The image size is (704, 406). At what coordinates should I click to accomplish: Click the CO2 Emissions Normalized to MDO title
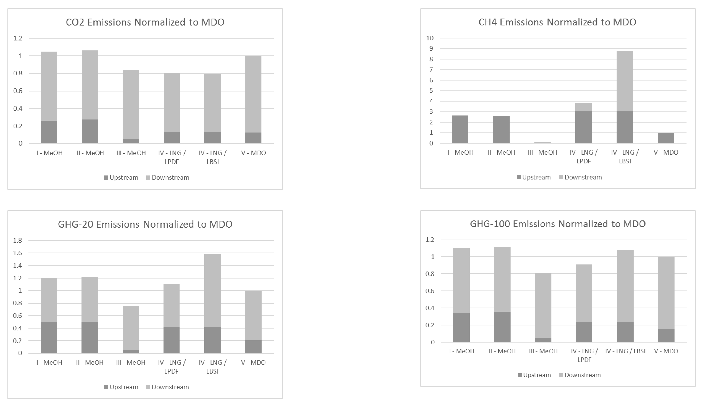(145, 22)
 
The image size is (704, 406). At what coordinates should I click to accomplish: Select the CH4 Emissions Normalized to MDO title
(557, 22)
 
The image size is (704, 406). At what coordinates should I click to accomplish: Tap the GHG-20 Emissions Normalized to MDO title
(145, 224)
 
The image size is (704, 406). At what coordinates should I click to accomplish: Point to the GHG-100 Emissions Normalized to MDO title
(558, 224)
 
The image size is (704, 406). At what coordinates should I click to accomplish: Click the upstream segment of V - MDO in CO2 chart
(253, 138)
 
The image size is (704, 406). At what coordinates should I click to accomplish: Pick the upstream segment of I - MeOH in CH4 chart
(460, 129)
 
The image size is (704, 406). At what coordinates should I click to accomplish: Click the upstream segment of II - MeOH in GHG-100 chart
(502, 327)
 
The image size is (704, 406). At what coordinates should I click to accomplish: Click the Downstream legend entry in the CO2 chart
(168, 178)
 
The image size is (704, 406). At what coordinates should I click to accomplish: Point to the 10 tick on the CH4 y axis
(430, 38)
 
